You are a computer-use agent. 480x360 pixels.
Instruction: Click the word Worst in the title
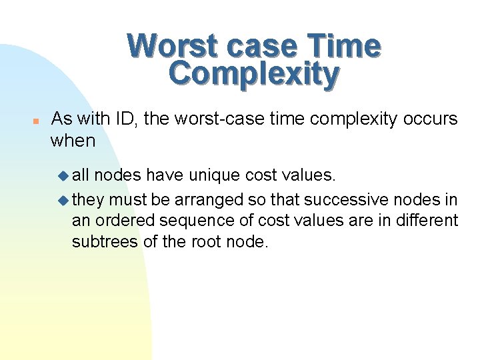[x=172, y=46]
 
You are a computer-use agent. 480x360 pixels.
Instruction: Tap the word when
[x=73, y=141]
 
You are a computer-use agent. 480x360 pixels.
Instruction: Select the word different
[x=427, y=220]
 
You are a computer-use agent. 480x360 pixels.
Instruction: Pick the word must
[x=127, y=199]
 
